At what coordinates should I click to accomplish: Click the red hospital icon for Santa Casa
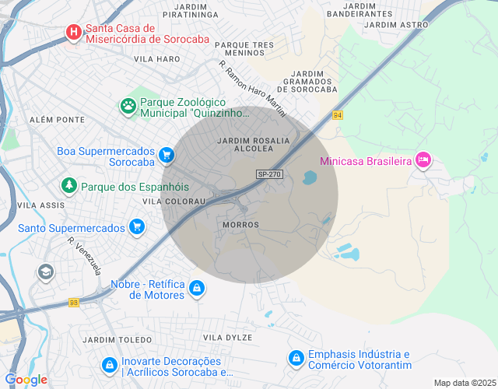tap(73, 32)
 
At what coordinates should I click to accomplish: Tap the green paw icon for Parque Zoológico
tap(127, 104)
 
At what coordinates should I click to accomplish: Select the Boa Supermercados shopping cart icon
tap(166, 156)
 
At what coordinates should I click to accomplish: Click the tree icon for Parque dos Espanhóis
tap(69, 186)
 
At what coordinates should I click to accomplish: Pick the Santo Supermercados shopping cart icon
tap(137, 227)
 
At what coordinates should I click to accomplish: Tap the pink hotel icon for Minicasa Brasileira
tap(423, 159)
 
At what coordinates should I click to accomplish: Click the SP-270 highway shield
tap(268, 174)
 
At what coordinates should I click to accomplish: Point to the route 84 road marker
tap(337, 115)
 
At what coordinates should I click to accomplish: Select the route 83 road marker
tap(73, 303)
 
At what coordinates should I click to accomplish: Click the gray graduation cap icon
tap(45, 272)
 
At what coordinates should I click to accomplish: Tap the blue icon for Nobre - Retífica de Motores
tap(197, 289)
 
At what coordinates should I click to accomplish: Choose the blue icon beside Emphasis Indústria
tap(296, 358)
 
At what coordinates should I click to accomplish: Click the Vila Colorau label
tap(174, 201)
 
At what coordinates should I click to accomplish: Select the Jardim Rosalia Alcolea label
tap(254, 144)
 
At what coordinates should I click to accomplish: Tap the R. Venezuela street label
tap(85, 257)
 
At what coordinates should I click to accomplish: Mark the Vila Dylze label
tap(227, 337)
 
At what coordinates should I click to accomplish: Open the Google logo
tap(26, 379)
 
